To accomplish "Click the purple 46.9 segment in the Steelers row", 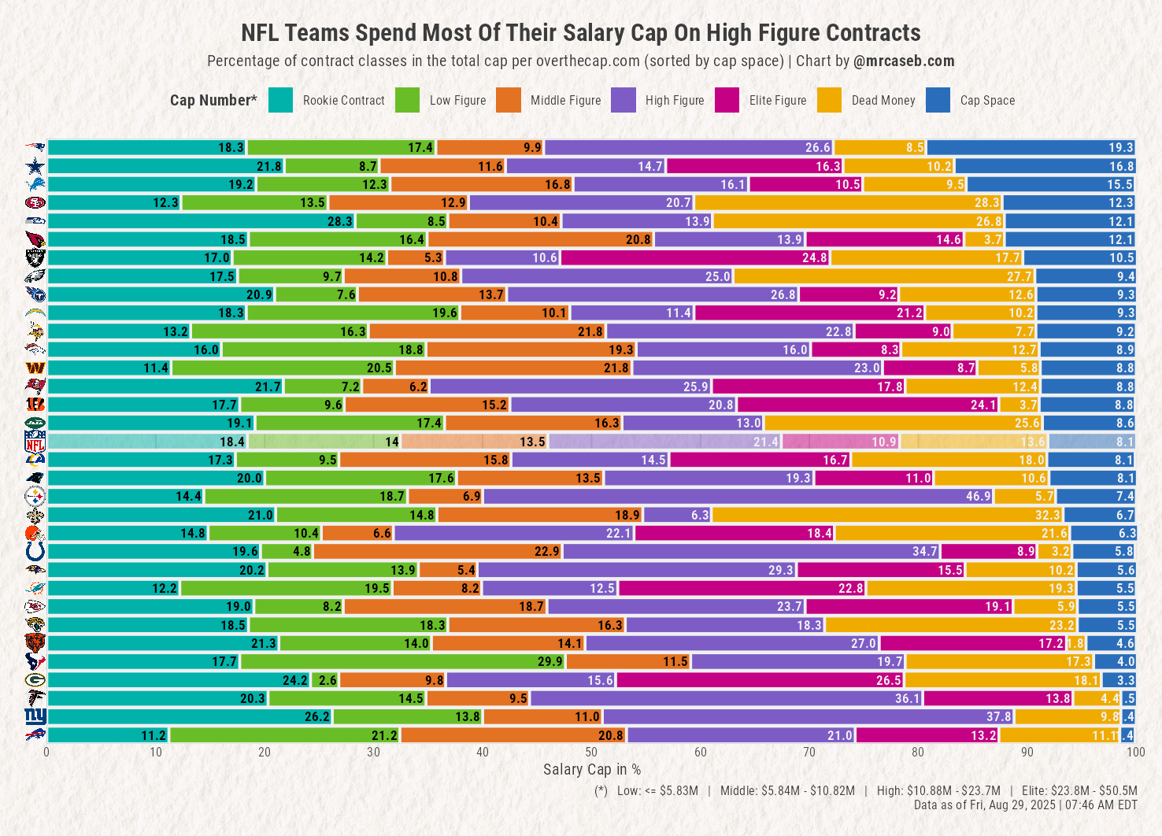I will pos(738,496).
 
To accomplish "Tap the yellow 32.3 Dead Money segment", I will pos(888,515).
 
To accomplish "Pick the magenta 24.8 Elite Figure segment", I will pos(696,257).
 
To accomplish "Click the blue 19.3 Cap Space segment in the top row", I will pos(1031,147).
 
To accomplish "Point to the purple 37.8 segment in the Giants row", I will pos(809,716).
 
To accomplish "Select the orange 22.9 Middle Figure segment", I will pos(439,551).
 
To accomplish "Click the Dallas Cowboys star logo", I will pos(35,166).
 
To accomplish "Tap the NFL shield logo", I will pos(35,442).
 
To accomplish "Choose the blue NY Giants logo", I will pos(35,716).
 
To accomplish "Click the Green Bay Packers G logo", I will pos(35,679).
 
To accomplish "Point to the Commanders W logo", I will pos(35,368).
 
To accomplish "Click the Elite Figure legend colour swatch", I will pos(727,100).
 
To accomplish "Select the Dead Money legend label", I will pos(883,101).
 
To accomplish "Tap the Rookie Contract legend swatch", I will pos(280,100).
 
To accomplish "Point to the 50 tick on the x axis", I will pos(591,753).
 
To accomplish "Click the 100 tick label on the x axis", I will pos(1135,753).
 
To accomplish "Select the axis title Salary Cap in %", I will pos(591,770).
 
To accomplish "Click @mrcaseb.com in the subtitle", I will pos(904,61).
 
